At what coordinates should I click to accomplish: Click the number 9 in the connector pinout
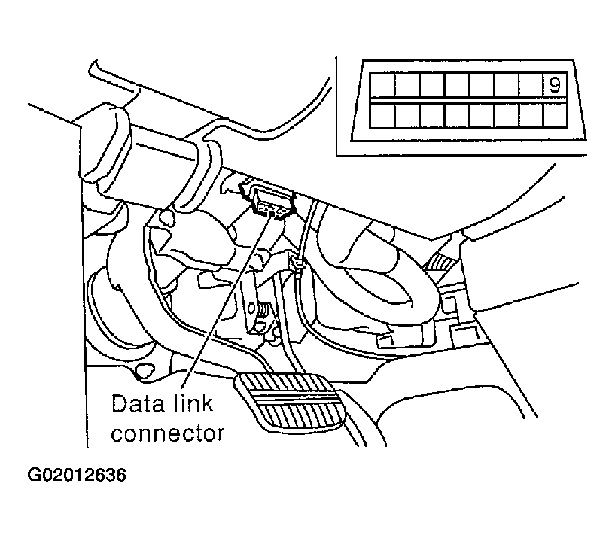pos(554,85)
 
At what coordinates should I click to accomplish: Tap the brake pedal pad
pos(291,402)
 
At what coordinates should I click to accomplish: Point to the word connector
pos(168,433)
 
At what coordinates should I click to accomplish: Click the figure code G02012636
pos(77,476)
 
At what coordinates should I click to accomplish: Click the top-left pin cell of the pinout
pos(382,85)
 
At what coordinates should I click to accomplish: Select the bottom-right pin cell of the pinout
pos(556,115)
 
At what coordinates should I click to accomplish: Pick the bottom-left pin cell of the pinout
pos(382,115)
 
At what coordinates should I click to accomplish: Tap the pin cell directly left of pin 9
pos(531,85)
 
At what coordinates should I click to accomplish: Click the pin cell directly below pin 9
pos(556,115)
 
